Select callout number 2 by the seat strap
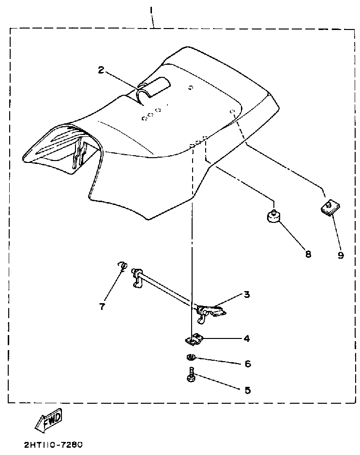click(101, 70)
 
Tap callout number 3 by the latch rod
click(247, 294)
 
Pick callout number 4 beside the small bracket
click(247, 339)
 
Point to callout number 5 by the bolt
click(247, 390)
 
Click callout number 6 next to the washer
click(247, 364)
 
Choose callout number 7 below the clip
click(102, 307)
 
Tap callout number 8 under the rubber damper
click(308, 254)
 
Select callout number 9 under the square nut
click(341, 255)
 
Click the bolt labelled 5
click(191, 376)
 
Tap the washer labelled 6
click(191, 358)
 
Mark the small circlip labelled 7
click(122, 265)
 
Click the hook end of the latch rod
click(137, 279)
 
